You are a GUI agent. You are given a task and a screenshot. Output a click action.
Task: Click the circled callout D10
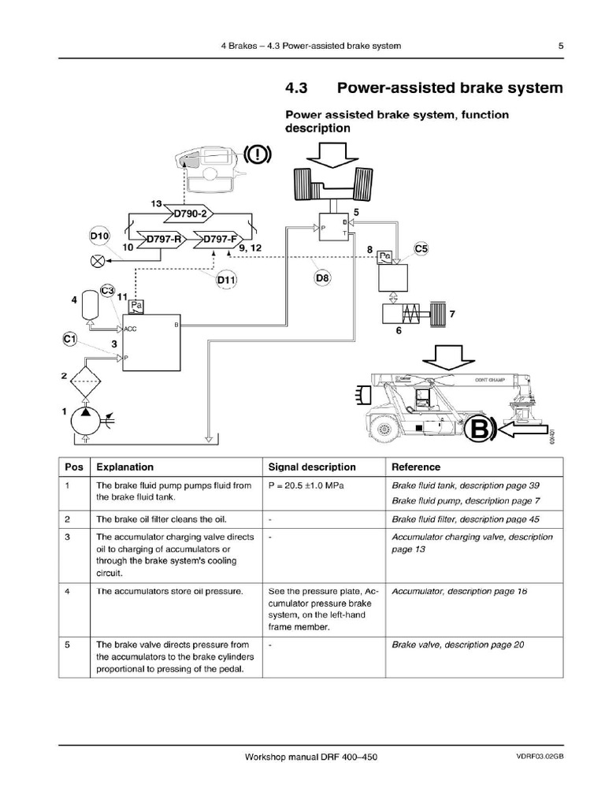99,236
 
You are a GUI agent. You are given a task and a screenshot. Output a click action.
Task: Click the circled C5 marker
422,250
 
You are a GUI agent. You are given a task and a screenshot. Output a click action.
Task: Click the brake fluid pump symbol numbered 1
82,419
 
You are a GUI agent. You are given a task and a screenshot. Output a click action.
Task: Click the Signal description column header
312,467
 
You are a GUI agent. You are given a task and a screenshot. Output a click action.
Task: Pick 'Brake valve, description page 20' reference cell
458,645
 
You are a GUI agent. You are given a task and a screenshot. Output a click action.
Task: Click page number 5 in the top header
561,46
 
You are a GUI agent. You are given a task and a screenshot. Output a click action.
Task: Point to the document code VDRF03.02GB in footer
540,757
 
